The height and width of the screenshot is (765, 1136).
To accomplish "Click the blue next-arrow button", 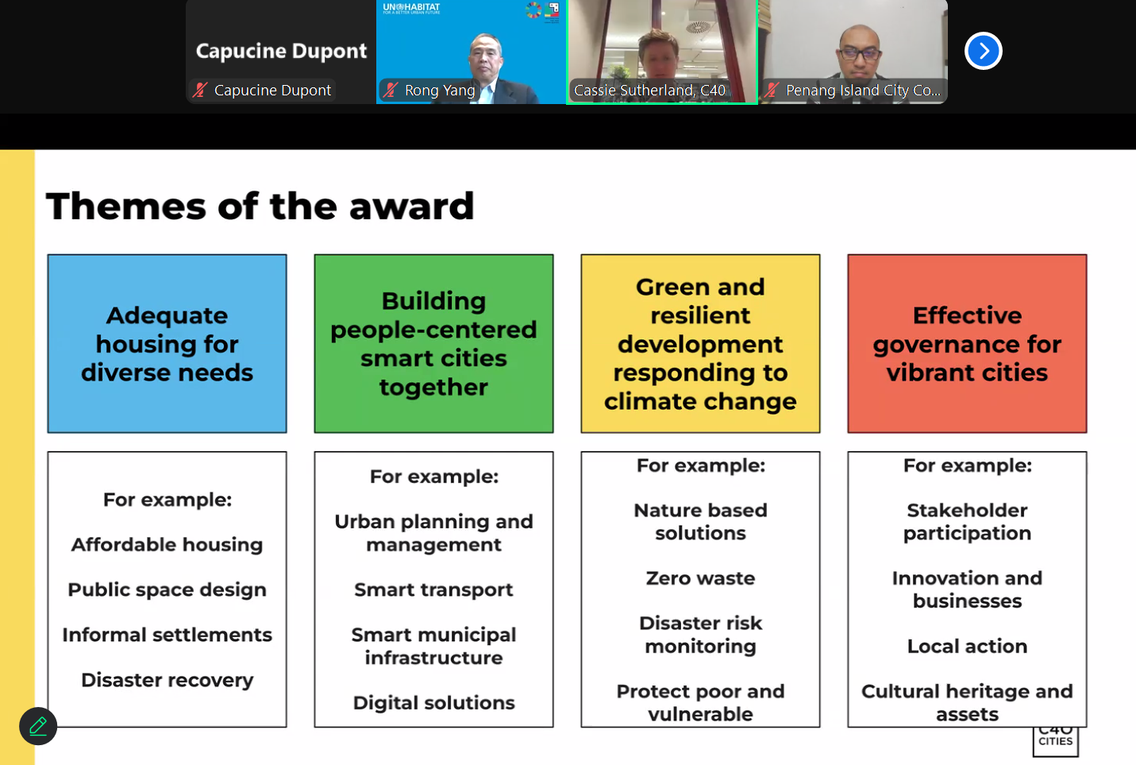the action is tap(983, 51).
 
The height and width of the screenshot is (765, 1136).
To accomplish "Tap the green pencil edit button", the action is tap(38, 726).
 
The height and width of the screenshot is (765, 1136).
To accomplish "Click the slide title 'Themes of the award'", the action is tap(260, 206).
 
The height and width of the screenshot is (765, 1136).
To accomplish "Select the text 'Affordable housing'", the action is tap(167, 545).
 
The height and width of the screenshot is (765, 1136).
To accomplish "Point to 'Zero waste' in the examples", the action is tap(700, 578).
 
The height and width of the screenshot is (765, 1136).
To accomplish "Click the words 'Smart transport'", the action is tap(433, 590).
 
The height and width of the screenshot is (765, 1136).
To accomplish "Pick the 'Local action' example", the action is tap(967, 646).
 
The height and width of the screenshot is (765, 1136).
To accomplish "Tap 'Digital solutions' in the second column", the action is tap(433, 703).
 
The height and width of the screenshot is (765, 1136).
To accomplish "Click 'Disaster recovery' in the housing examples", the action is tap(167, 680).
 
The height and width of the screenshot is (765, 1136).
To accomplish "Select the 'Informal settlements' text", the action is tap(167, 635).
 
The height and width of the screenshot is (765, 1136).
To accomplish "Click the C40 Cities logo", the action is tap(1055, 740).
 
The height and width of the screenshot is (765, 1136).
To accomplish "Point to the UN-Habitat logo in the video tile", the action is tap(411, 8).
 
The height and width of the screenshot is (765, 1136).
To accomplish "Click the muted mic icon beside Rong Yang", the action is tap(391, 91).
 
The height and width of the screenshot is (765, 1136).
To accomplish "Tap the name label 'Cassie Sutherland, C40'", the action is tap(649, 91).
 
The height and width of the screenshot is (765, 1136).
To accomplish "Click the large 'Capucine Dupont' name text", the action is tap(281, 51).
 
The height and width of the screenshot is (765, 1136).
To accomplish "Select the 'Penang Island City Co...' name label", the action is tap(863, 91).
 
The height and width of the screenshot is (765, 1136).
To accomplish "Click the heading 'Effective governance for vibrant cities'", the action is tap(967, 344).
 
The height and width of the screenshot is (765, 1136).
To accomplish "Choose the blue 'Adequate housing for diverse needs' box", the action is tap(167, 344).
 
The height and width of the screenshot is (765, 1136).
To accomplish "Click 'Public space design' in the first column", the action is tap(167, 590).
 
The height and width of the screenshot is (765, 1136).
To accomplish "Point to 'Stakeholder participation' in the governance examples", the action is tap(967, 522).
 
